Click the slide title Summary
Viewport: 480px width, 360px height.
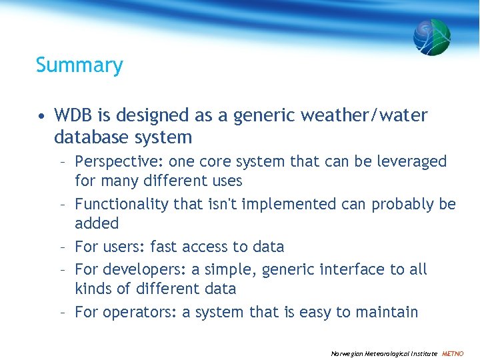(79, 66)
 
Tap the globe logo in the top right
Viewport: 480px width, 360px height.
(431, 37)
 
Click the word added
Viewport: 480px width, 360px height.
(97, 223)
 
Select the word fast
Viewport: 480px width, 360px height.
(163, 247)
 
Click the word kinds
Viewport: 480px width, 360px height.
(93, 289)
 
